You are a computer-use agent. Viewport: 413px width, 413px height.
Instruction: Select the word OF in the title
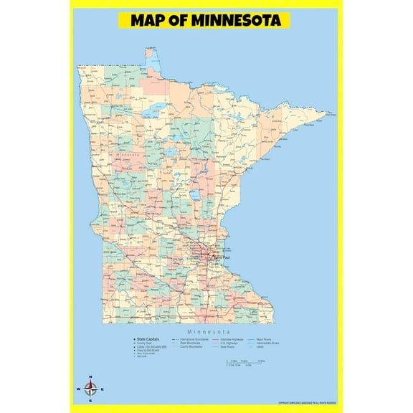tap(180, 20)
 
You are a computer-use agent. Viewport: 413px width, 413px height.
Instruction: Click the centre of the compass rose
tap(90, 389)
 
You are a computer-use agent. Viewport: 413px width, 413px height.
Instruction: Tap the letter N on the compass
tap(90, 377)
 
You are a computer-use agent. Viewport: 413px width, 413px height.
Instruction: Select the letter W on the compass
tap(77, 390)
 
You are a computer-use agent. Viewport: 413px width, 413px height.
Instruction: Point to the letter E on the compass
tap(103, 390)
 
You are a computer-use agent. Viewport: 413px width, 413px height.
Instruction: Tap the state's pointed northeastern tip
tap(332, 113)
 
